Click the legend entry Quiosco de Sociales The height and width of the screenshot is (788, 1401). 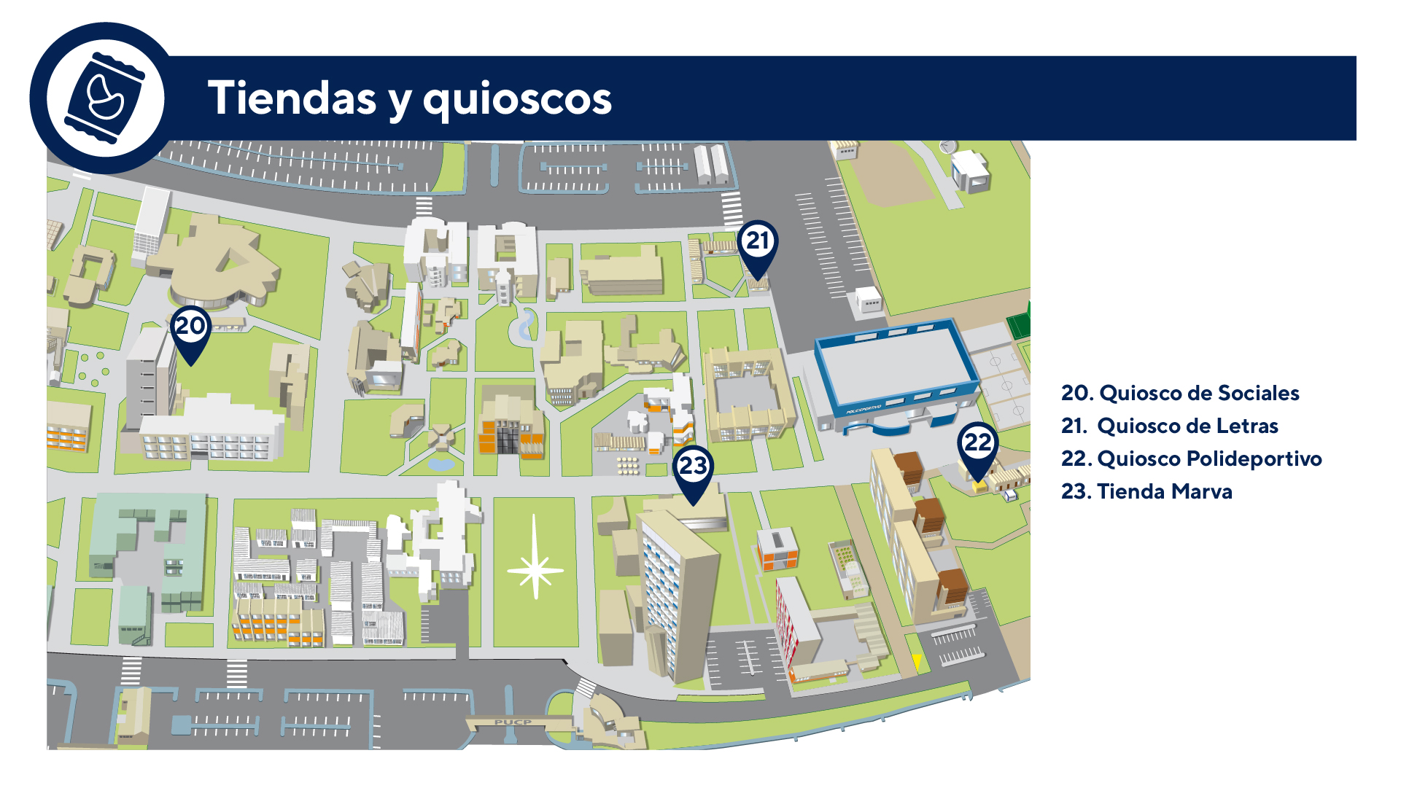pos(1180,394)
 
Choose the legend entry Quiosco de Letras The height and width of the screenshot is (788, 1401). pos(1170,426)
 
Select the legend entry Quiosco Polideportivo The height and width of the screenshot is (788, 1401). pos(1192,459)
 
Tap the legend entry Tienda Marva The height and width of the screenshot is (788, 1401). pos(1146,492)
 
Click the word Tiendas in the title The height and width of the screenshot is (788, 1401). pos(292,98)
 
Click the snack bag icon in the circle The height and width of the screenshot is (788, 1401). pos(105,98)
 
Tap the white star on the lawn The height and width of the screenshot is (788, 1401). pos(535,569)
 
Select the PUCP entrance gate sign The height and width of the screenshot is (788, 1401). pos(513,722)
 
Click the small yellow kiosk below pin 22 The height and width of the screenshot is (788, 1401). pos(979,485)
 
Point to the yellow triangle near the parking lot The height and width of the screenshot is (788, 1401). pos(917,660)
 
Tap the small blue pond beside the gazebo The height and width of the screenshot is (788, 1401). pos(441,464)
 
